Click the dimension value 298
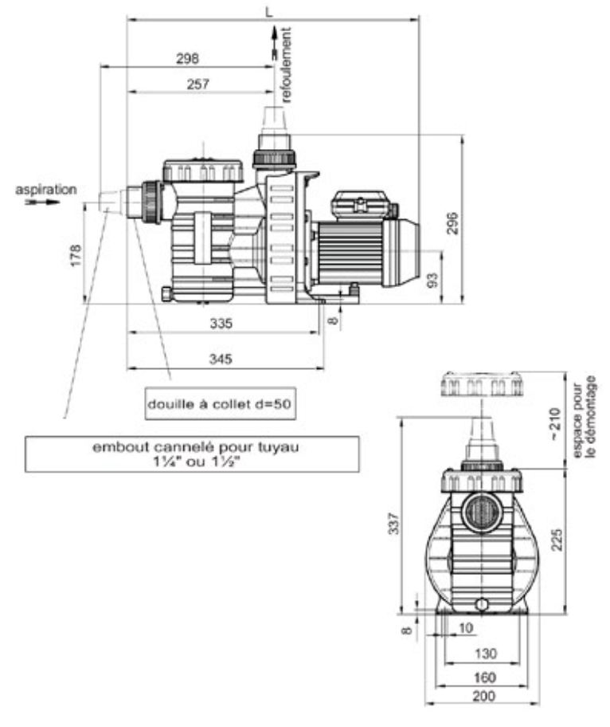(x=187, y=58)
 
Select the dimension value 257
(x=197, y=84)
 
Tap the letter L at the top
(x=269, y=12)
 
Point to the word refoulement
(x=286, y=65)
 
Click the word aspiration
(x=46, y=190)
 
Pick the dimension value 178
(x=76, y=255)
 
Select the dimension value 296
(x=452, y=223)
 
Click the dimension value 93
(x=432, y=280)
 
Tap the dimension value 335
(x=221, y=323)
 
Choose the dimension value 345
(x=221, y=359)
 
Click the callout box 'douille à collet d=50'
(x=221, y=404)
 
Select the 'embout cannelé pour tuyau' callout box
(x=192, y=454)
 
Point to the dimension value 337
(x=393, y=524)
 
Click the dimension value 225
(x=557, y=540)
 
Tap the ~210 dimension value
(x=555, y=424)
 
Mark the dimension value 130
(x=486, y=654)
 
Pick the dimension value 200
(x=483, y=696)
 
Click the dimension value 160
(x=484, y=678)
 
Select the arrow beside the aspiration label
(x=43, y=202)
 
